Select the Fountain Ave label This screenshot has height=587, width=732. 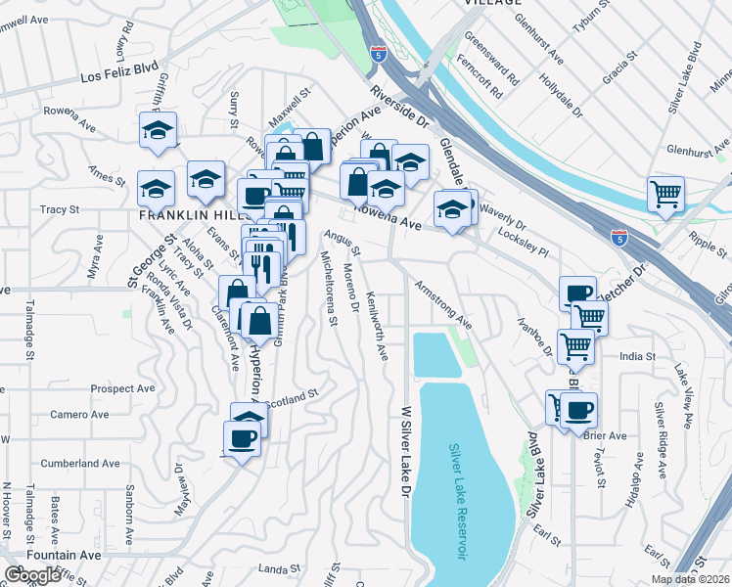tap(64, 555)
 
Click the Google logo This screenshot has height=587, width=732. tap(31, 575)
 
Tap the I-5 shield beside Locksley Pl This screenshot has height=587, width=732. tap(618, 237)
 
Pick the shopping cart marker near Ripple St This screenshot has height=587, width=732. tap(665, 193)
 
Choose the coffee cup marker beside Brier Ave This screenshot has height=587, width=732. tap(578, 408)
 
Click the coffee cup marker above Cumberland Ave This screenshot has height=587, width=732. tap(242, 438)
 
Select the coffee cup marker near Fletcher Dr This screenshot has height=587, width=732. tap(577, 293)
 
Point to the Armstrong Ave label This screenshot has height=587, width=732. tap(443, 304)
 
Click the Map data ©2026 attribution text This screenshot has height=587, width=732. tap(691, 579)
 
